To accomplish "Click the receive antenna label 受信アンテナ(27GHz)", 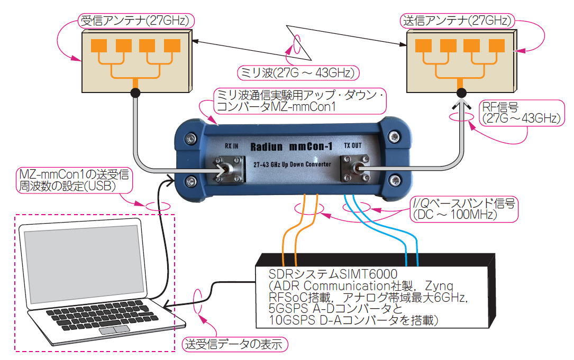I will (x=136, y=21).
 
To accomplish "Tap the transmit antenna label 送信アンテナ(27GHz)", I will (x=456, y=21).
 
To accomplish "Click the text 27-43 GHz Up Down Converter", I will (x=292, y=164).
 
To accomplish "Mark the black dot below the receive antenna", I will (x=136, y=93).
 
